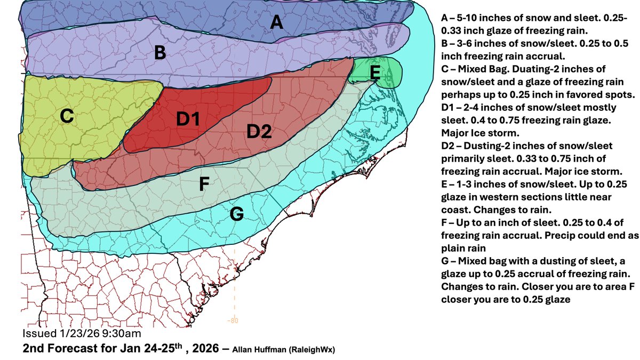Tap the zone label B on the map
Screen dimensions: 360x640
159,53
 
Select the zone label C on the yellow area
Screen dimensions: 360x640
66,117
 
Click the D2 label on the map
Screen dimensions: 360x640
259,131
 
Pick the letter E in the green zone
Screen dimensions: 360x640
375,71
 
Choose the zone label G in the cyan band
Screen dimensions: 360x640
237,214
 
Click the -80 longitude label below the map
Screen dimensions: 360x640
233,321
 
